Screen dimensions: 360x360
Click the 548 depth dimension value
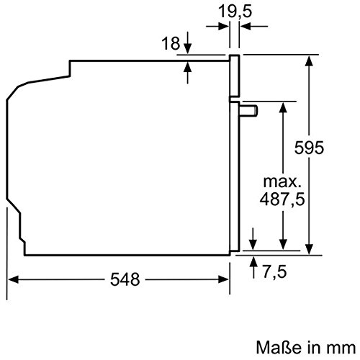click(125, 279)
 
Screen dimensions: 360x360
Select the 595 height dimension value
click(309, 148)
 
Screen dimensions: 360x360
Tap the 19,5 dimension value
click(235, 12)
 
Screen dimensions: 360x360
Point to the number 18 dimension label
click(171, 43)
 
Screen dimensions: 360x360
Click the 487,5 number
click(282, 199)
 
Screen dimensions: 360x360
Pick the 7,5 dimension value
click(274, 271)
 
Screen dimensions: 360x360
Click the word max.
click(282, 181)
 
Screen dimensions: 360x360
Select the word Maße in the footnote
click(279, 347)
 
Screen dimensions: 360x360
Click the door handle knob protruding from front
click(248, 110)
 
